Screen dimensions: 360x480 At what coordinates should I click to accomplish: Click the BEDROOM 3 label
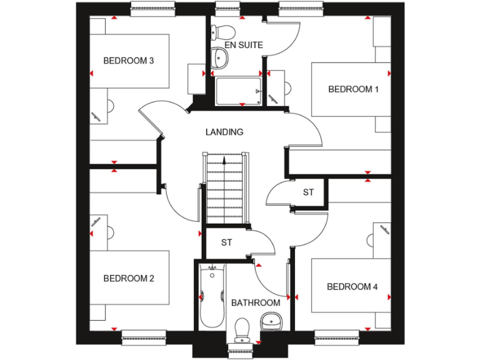point(128,61)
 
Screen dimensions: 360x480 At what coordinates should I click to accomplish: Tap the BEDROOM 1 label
point(353,89)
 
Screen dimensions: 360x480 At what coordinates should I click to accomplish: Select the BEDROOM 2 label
point(128,278)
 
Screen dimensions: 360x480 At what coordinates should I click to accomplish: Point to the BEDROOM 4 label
point(352,287)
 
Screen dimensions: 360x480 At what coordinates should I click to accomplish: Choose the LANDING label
point(224,132)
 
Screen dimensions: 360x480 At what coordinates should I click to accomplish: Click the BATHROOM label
point(256,302)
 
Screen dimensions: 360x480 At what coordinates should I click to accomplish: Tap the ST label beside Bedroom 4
point(308,192)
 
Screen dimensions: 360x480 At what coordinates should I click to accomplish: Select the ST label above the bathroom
point(226,242)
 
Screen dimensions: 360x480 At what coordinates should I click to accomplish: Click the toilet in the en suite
point(223,32)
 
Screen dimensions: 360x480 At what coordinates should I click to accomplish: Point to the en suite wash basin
point(220,57)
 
